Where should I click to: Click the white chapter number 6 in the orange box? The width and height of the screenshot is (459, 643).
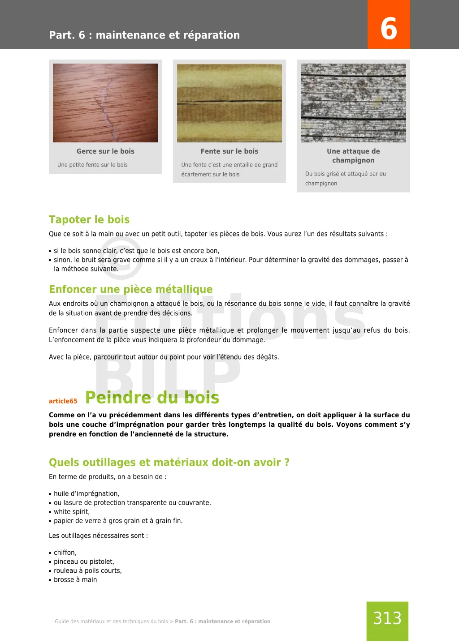pos(389,28)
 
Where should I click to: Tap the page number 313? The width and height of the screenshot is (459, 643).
pos(387,618)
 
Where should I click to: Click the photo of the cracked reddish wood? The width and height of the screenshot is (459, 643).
pos(105,103)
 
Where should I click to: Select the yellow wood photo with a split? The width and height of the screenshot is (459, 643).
pos(229,103)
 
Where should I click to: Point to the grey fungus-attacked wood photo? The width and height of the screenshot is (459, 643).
pos(353,103)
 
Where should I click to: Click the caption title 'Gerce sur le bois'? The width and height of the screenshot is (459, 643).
pos(105,151)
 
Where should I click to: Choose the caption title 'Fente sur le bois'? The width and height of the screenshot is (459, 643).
pos(229,151)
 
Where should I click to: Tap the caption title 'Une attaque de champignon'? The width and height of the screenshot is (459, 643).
pos(353,156)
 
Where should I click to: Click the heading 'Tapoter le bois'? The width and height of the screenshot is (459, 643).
pos(89,219)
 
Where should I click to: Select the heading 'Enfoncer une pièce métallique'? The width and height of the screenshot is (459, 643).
pos(131,289)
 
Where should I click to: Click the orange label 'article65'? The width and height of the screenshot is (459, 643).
pos(63,401)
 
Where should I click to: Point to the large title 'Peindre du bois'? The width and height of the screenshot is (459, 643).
pos(152,398)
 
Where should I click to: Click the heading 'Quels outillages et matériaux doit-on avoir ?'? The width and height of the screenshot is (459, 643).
pos(169,463)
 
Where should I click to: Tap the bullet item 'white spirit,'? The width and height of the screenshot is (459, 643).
pos(72,512)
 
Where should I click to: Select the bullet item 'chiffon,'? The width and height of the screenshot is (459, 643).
pos(65,553)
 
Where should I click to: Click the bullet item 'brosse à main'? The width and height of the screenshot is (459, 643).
pos(75,579)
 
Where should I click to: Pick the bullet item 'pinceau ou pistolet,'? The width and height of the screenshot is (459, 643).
pos(84,562)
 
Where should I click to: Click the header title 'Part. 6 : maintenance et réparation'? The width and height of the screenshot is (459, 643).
pos(144,35)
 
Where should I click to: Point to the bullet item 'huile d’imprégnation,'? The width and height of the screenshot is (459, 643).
pos(87,493)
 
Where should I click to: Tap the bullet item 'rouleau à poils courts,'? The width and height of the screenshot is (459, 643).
pos(88,570)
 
